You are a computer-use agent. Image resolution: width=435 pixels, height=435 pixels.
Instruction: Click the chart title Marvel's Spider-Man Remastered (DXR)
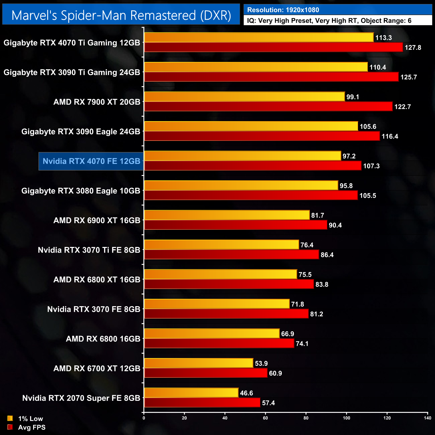121,15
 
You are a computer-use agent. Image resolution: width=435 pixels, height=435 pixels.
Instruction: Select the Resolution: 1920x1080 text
283,10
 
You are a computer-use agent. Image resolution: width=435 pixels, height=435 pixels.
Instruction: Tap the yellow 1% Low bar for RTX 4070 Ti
259,37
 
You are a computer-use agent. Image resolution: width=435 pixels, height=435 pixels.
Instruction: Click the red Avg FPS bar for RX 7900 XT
268,106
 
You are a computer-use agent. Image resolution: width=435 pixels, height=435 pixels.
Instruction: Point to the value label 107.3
371,166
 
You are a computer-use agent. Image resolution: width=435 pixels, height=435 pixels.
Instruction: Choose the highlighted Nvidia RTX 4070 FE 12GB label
91,161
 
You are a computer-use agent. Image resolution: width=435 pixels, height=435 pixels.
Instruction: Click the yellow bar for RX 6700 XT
198,363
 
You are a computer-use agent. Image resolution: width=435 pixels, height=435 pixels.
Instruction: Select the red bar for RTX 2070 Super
202,403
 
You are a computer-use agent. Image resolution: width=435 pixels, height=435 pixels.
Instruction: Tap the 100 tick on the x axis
346,418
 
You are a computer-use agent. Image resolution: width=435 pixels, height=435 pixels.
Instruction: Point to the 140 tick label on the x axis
427,418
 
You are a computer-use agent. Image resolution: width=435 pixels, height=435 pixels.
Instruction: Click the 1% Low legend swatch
10,418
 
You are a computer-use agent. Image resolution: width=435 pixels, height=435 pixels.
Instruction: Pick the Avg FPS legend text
32,427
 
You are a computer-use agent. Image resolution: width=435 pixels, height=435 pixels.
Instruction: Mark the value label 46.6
247,393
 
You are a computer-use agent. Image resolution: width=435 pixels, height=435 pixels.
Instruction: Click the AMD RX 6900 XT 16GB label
97,221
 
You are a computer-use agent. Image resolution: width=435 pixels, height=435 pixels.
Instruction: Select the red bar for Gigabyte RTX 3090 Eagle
262,136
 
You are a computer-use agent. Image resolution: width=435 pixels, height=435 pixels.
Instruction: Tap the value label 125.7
409,77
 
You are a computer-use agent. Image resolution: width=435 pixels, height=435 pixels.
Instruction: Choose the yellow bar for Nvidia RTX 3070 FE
217,304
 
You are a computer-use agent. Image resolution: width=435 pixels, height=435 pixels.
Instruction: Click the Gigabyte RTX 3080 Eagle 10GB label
81,191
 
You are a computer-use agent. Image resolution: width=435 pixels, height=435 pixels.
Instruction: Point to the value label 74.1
302,344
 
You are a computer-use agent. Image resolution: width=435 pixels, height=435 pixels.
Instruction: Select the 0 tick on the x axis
144,418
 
